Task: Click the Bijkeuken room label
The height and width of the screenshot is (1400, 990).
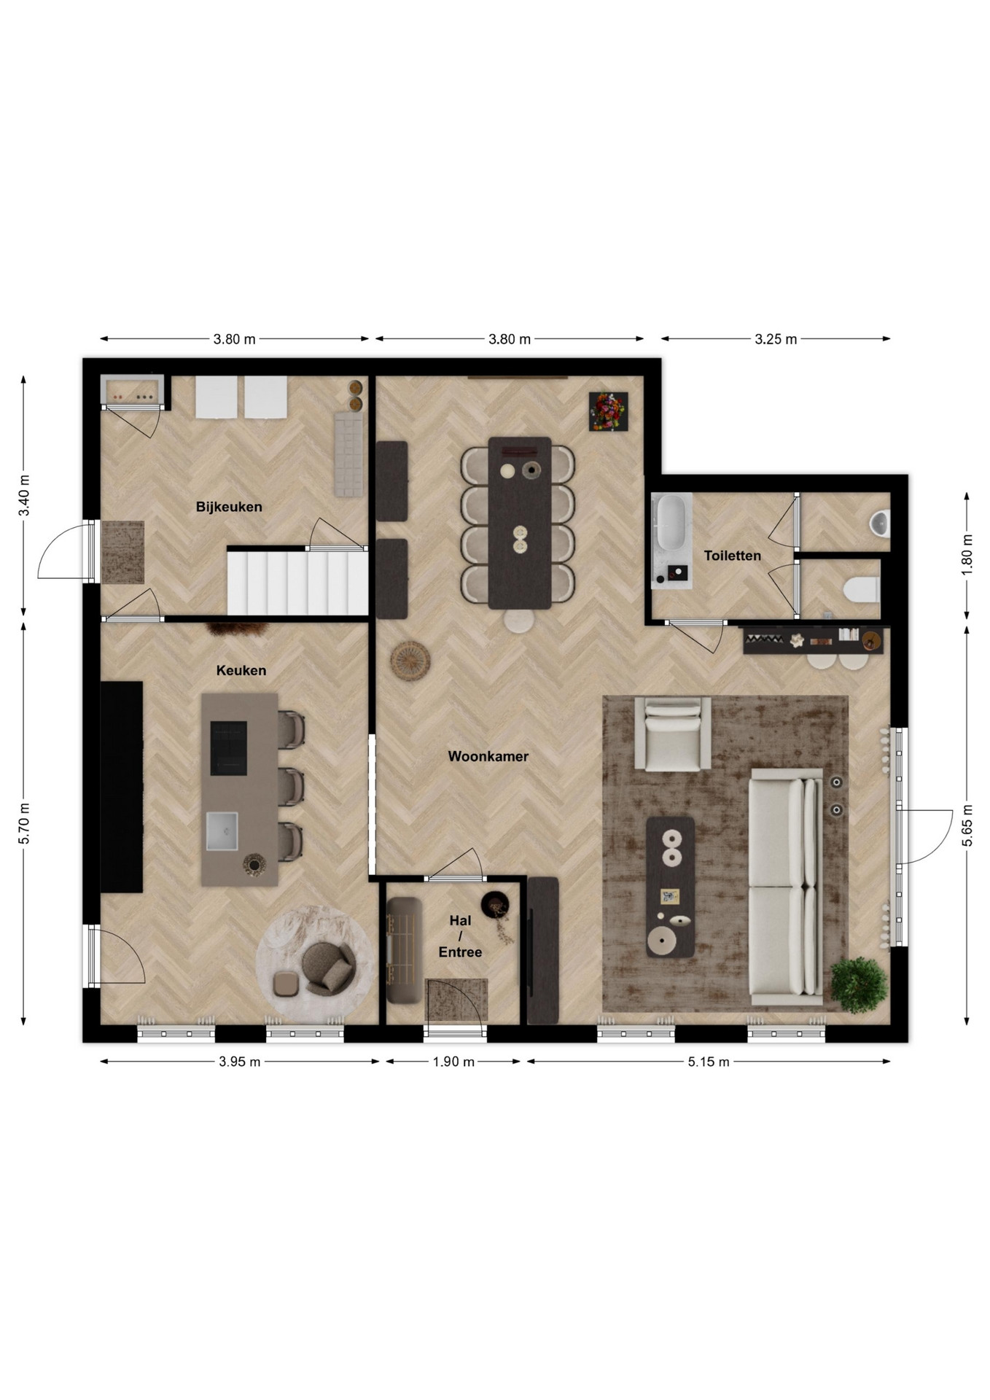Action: click(229, 507)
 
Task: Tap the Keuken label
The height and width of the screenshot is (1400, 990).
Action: click(241, 670)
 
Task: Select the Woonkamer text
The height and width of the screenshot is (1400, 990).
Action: click(488, 756)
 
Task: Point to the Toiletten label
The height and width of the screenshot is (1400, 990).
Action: click(733, 556)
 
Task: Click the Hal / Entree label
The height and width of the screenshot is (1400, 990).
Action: click(460, 936)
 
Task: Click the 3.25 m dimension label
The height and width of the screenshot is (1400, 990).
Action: click(776, 339)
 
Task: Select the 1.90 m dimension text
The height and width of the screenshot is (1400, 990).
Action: click(453, 1062)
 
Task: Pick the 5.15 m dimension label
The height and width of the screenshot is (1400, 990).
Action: click(709, 1062)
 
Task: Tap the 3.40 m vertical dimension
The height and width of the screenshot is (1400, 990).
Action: click(24, 495)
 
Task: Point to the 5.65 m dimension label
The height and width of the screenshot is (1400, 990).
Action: click(967, 825)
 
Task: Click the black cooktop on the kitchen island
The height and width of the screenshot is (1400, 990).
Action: click(229, 748)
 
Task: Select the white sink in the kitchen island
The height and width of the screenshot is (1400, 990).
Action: click(222, 831)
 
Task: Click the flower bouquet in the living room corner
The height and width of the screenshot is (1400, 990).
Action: click(608, 412)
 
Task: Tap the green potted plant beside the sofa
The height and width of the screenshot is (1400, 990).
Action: click(860, 985)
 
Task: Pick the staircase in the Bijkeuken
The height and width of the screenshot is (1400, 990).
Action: click(297, 583)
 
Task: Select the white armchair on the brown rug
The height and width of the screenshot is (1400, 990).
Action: click(672, 734)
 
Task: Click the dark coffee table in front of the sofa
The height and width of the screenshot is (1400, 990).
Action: click(671, 887)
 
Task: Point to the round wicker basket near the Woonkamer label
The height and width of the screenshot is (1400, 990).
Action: click(410, 661)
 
